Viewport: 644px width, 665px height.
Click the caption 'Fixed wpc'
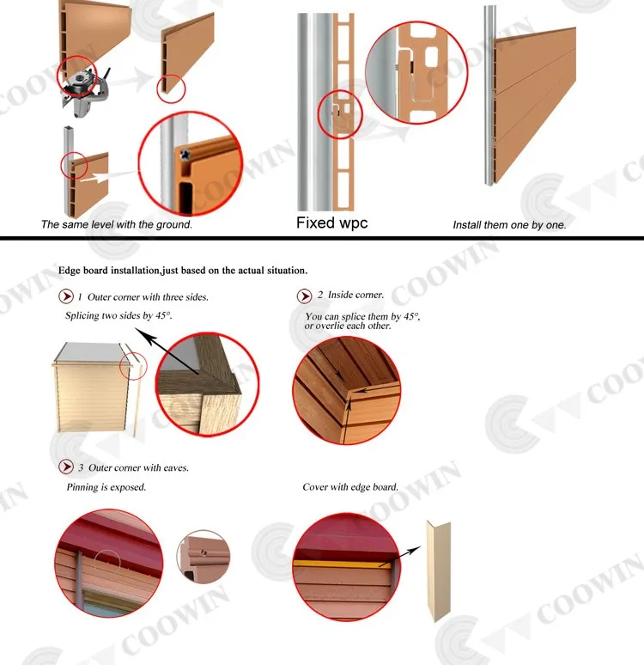coord(331,223)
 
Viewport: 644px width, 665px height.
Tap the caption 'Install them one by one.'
coord(509,225)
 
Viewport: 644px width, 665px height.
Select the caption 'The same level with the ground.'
coord(117,224)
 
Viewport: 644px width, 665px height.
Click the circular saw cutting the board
coord(84,91)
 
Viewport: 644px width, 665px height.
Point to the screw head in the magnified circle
coord(185,156)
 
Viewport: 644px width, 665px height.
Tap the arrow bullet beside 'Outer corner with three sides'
coord(66,296)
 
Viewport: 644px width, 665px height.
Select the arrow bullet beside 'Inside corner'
coord(304,296)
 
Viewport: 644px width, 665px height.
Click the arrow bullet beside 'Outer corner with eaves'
coord(66,467)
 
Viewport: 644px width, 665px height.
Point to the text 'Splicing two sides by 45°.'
coord(118,315)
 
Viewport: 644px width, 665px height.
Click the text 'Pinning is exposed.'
coord(106,487)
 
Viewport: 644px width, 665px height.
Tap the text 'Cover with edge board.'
coord(350,487)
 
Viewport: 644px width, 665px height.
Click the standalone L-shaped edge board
coord(439,570)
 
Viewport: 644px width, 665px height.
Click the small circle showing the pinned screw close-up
coord(204,556)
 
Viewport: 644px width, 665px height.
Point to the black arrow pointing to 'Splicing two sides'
coord(167,351)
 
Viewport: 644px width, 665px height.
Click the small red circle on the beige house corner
coord(133,366)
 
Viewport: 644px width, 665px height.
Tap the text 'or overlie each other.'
coord(348,326)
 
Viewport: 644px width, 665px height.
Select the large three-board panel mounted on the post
coord(535,106)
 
